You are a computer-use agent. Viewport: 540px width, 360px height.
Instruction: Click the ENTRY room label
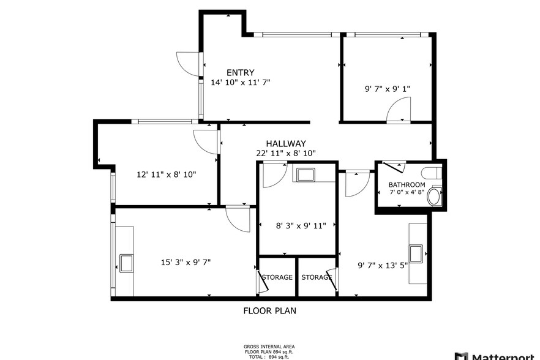(x=240, y=72)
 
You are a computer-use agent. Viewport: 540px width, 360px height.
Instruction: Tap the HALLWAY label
(x=285, y=143)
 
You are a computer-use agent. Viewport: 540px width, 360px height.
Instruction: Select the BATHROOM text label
(x=407, y=185)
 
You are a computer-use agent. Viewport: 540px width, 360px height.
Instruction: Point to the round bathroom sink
(x=434, y=197)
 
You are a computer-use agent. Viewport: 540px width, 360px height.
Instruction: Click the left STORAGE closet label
(x=277, y=277)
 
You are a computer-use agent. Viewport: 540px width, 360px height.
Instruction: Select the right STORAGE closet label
(x=316, y=277)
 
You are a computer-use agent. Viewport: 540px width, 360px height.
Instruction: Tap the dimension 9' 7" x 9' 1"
(x=387, y=88)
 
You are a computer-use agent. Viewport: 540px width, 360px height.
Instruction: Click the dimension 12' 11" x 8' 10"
(x=166, y=174)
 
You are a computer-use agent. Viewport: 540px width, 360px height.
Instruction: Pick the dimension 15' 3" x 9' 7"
(x=186, y=262)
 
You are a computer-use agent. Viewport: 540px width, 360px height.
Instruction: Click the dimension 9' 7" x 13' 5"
(x=381, y=266)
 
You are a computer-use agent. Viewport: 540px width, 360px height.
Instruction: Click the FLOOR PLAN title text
(x=269, y=310)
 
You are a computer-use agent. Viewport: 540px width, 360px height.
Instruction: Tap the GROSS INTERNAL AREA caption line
(x=269, y=346)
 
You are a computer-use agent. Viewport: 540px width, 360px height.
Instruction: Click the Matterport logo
(x=496, y=356)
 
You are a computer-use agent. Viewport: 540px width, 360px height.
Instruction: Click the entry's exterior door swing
(x=187, y=63)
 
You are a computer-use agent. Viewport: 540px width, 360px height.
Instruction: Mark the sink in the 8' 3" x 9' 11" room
(x=305, y=174)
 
